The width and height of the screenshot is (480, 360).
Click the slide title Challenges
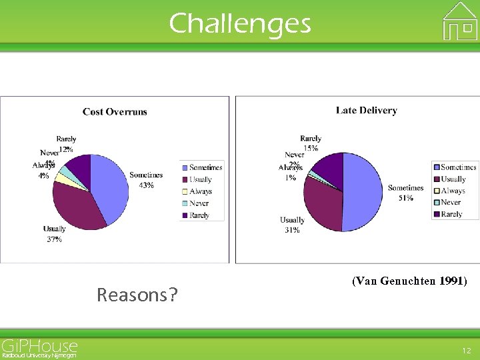coord(240,24)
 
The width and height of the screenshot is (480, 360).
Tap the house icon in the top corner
coord(460,21)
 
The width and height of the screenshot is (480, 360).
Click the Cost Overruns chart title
coord(115,111)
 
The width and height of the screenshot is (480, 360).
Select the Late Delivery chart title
coord(366,110)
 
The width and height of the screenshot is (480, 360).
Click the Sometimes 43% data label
coord(146,180)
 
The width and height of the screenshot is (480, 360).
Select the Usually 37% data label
coord(55,234)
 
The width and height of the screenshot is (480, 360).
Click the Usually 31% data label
coord(292,225)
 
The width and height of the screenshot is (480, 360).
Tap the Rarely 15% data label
coord(311,143)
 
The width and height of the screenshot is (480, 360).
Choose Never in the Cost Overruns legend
coord(199,203)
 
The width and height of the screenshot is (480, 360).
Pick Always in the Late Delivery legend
coord(452,191)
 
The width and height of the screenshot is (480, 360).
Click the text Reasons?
coord(137,294)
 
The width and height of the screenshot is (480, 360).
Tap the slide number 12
coord(466,350)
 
